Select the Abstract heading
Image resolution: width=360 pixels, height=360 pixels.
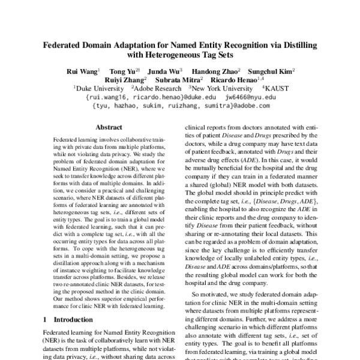(x=109, y=128)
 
